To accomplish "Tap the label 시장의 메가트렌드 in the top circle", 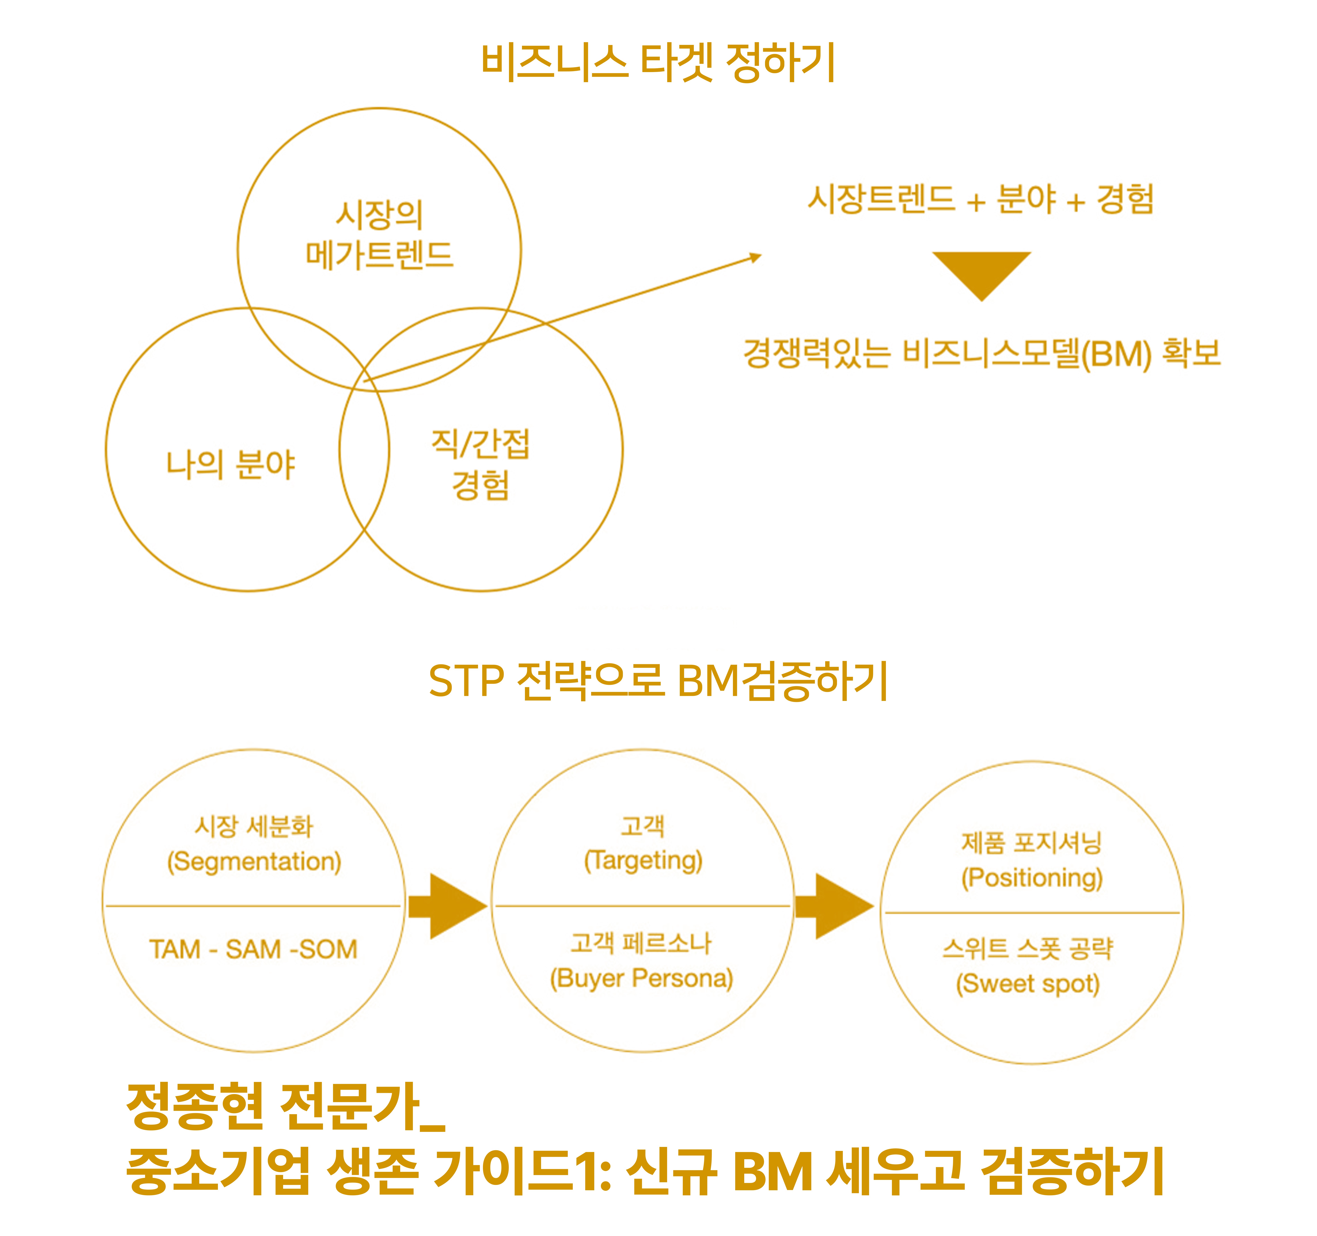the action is (x=380, y=235).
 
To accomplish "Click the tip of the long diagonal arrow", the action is (x=762, y=255).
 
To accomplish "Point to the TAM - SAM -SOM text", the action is (x=253, y=949).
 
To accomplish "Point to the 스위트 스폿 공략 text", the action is (x=1027, y=949).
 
